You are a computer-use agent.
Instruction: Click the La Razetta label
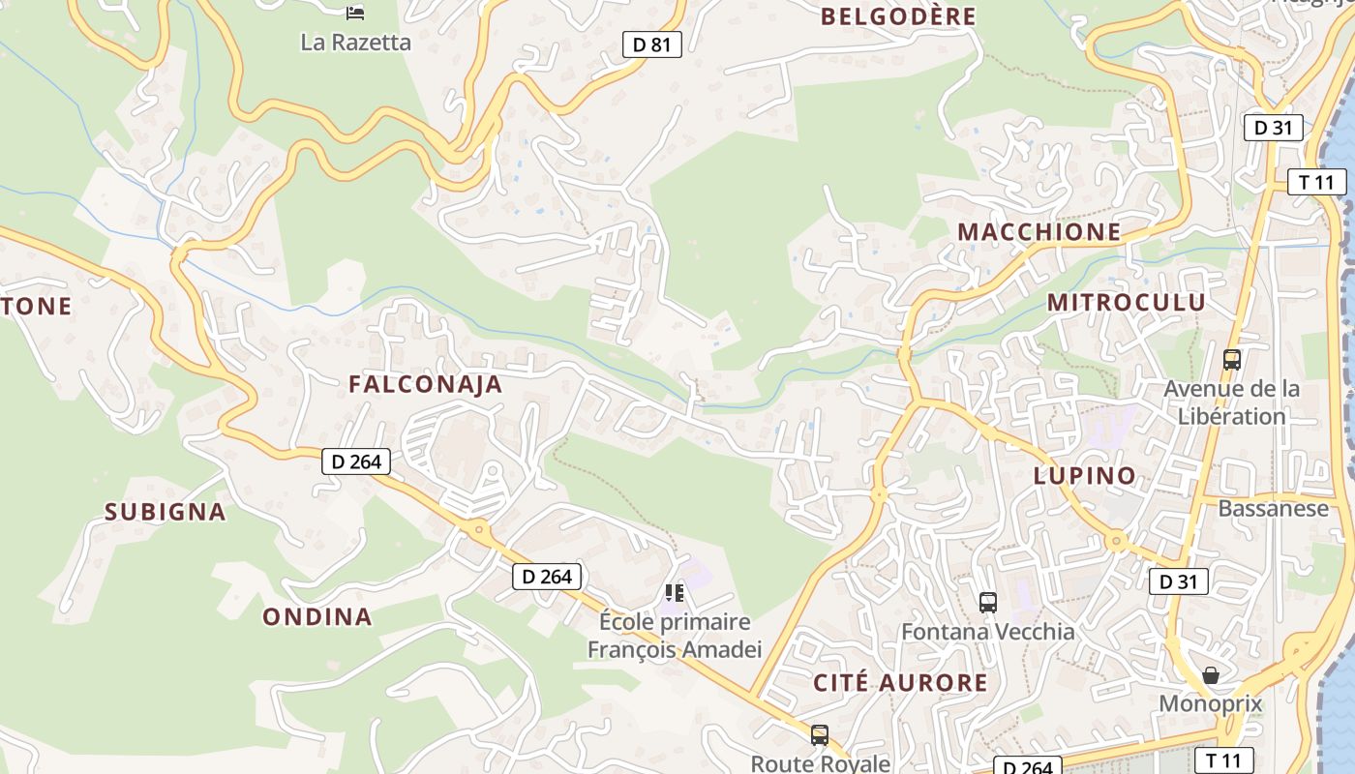pos(355,43)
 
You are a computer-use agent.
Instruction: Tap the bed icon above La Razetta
pos(355,13)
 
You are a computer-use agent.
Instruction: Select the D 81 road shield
pos(651,44)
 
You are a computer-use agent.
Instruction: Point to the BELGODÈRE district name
pos(898,16)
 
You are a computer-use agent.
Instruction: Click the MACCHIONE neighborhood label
pos(1039,232)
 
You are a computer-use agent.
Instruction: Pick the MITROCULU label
pos(1127,302)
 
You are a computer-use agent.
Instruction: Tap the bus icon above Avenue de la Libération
pos(1232,360)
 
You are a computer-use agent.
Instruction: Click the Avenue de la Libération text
pos(1231,402)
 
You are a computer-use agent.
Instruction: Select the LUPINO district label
pos(1084,476)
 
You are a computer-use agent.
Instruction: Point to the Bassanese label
pos(1273,509)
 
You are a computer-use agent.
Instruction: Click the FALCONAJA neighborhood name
pos(425,384)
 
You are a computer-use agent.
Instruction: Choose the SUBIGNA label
pos(165,512)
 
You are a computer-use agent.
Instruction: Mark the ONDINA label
pos(316,616)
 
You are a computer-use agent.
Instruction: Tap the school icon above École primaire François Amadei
pos(675,592)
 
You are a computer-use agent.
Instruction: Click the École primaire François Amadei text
pos(675,636)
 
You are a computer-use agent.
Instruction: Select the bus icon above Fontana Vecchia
pos(988,602)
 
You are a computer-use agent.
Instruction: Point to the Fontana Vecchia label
pos(987,632)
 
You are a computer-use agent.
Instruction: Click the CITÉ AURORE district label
pos(900,683)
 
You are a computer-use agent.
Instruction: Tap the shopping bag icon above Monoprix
pos(1211,674)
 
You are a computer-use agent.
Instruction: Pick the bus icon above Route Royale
pos(820,735)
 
